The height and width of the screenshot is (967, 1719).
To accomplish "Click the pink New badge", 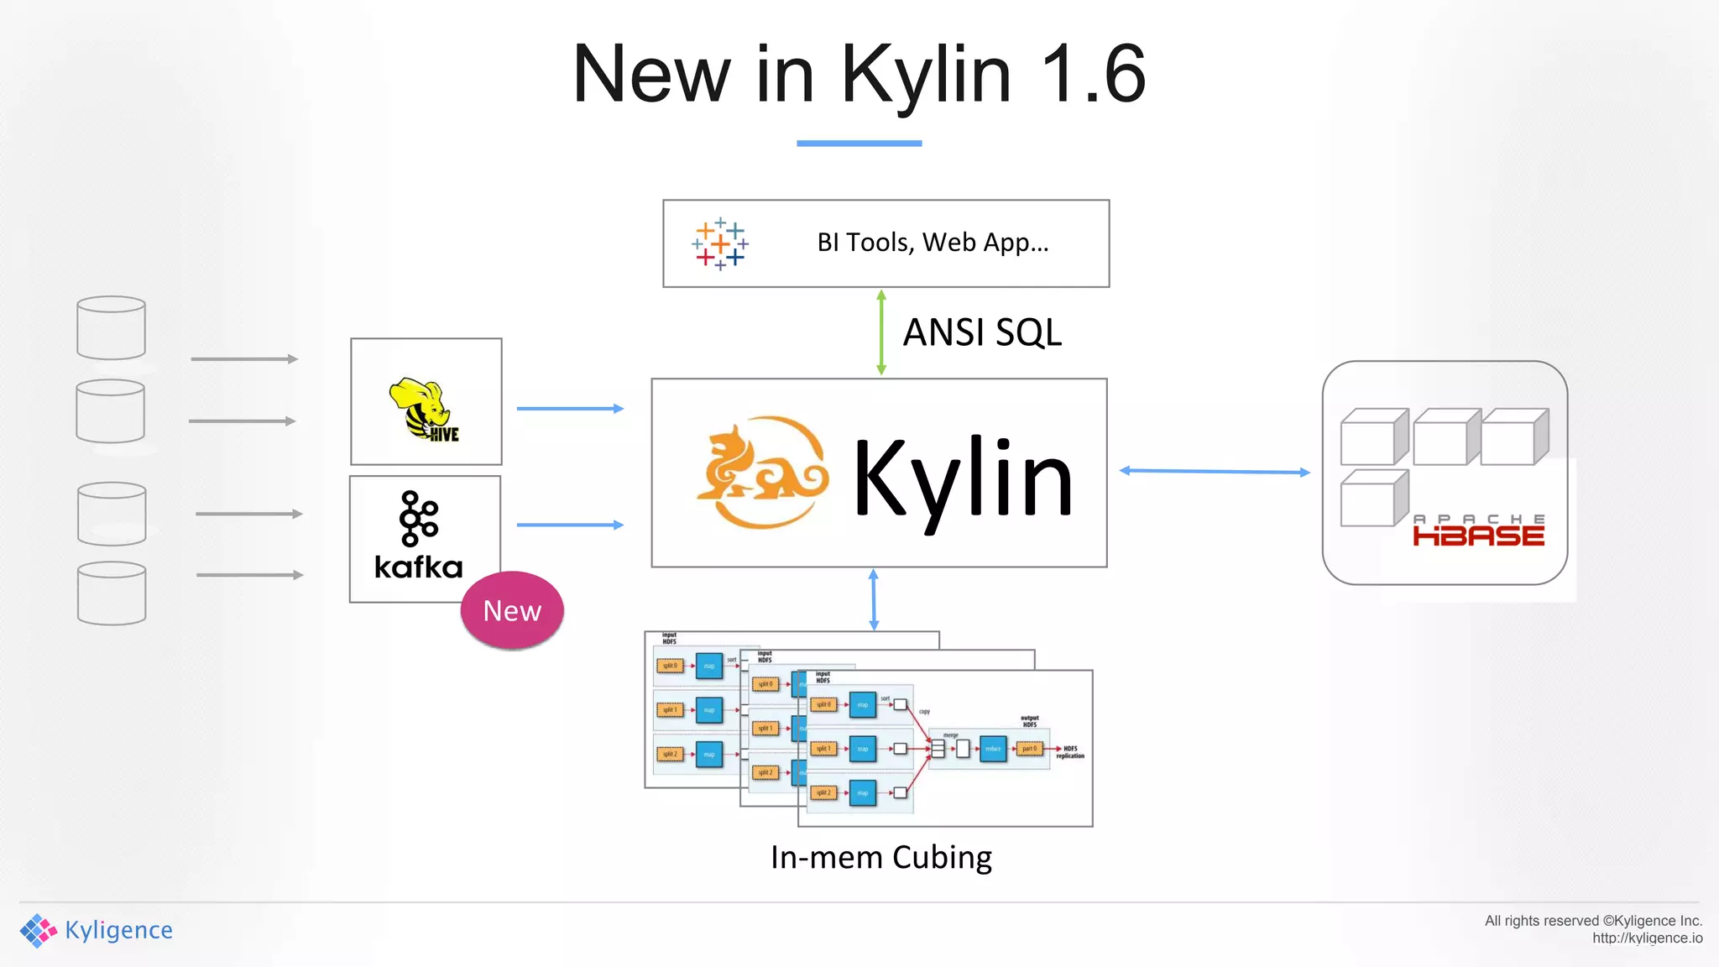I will coord(512,610).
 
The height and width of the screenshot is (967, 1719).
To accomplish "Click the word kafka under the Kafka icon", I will coord(418,567).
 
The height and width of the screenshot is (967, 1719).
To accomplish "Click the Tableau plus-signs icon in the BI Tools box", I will coord(720,244).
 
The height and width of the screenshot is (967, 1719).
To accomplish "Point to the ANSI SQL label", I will coord(982,332).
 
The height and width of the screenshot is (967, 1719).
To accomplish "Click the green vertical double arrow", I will coord(880,332).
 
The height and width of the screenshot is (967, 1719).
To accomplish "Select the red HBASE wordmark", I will coord(1478,536).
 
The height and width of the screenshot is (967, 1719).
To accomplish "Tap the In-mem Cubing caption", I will coord(881,857).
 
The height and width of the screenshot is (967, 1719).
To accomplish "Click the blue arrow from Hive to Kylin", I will coord(570,409).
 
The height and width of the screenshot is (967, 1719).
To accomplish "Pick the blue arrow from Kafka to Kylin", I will coord(570,525).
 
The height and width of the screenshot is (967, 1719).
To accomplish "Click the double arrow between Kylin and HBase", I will coord(1215,472).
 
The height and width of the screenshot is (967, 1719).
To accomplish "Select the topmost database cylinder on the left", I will coord(111,327).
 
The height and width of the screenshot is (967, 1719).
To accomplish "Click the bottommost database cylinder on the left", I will coord(112,593).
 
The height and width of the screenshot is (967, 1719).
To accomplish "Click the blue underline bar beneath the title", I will coord(859,144).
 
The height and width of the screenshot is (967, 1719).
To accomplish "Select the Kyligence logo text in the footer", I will coord(118,930).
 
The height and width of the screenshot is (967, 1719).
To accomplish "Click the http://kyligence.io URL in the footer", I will coord(1647,938).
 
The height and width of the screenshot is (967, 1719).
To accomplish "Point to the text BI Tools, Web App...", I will coord(933,243).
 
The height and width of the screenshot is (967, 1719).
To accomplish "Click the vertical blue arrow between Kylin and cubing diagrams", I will coord(874,599).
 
